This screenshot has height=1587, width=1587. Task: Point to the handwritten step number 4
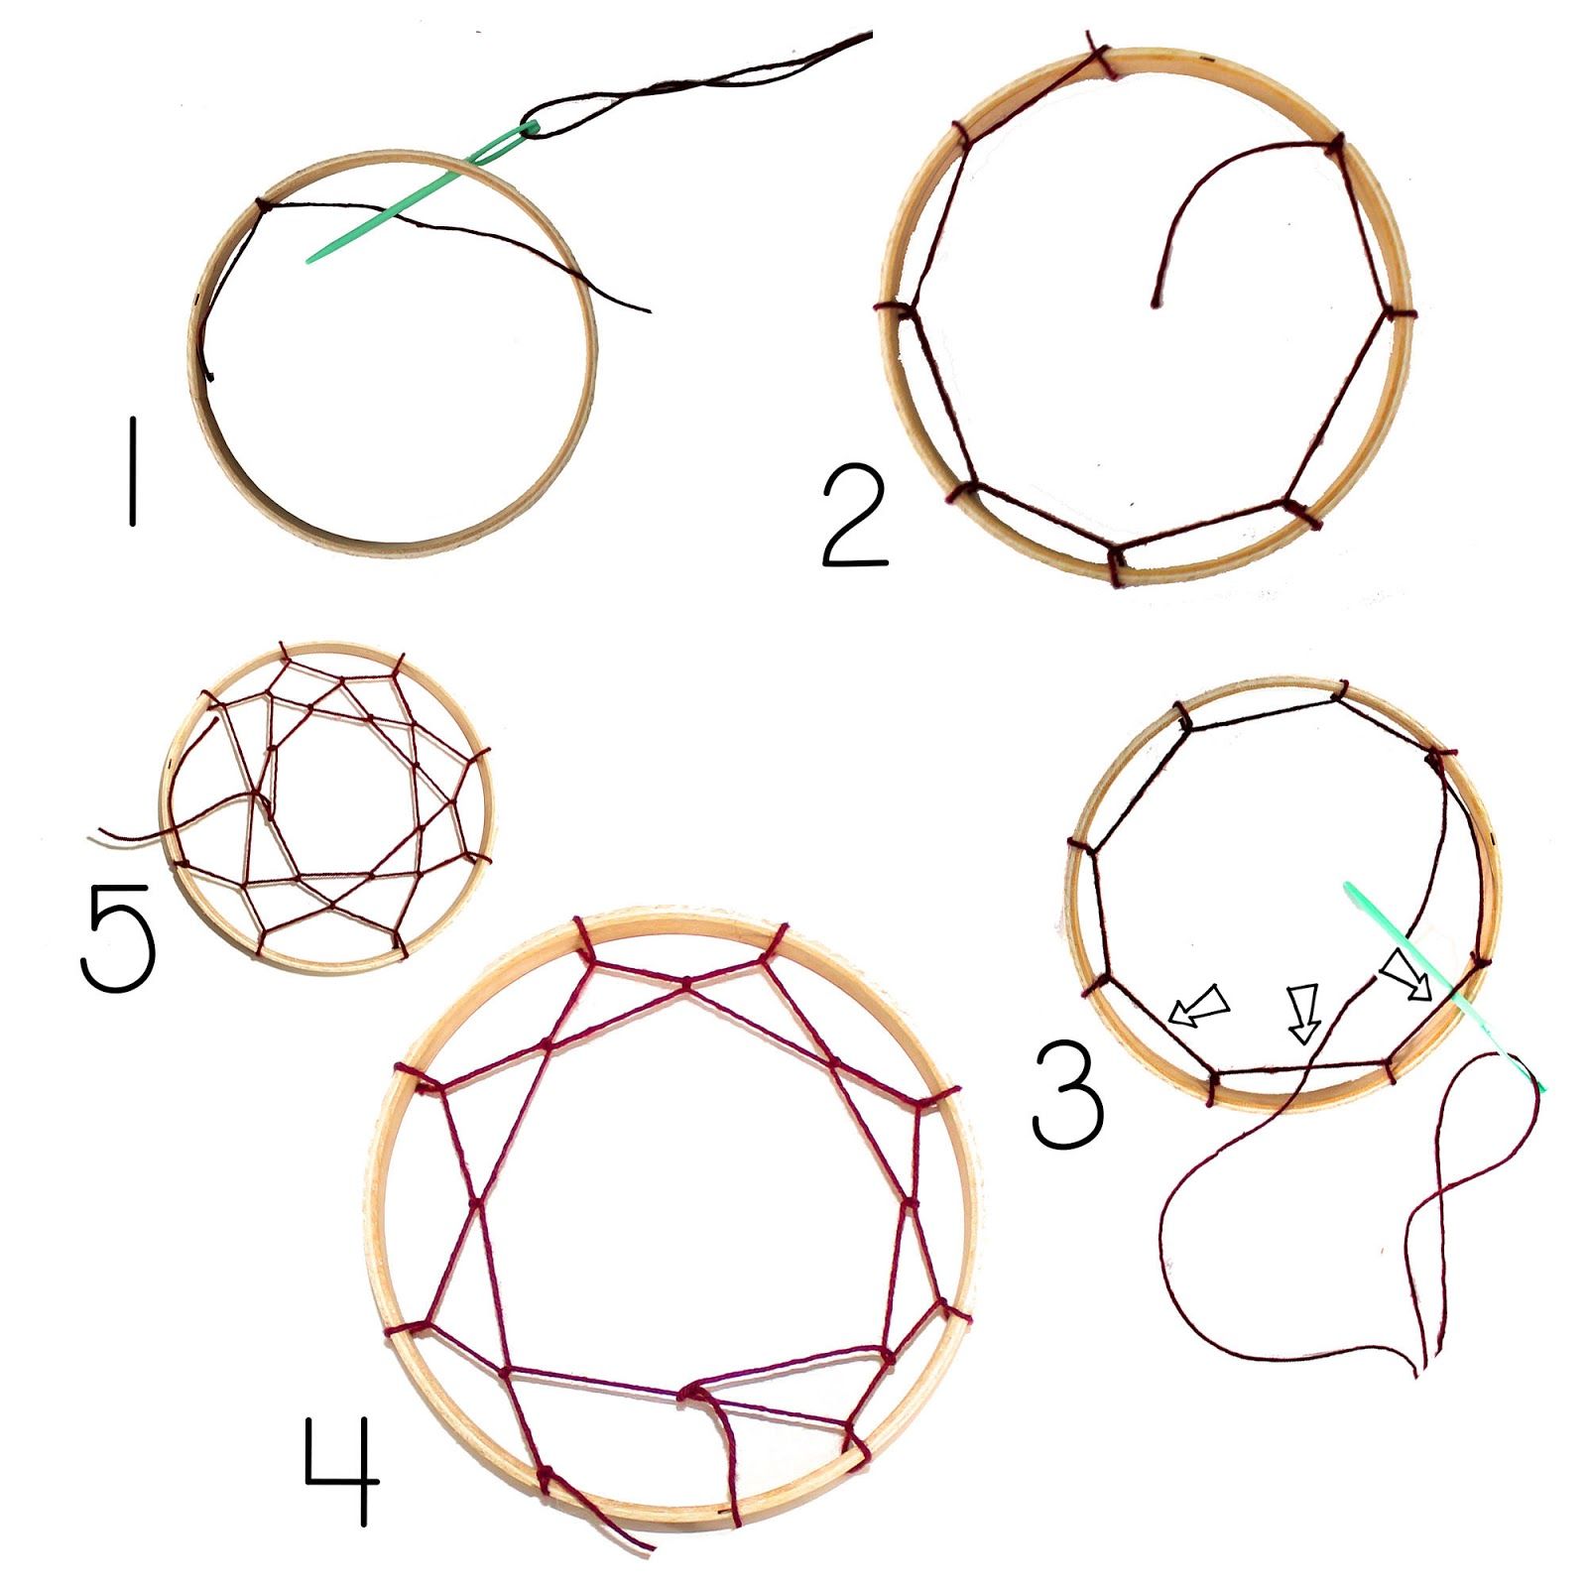[342, 1468]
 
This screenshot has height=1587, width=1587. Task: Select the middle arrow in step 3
[1302, 1013]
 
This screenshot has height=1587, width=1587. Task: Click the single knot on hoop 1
[263, 205]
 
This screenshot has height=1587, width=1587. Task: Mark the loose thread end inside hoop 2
[1154, 303]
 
